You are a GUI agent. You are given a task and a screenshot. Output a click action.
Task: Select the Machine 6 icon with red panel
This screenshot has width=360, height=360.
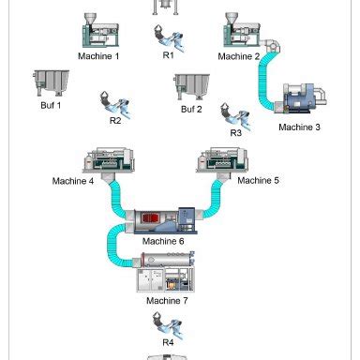click(165, 218)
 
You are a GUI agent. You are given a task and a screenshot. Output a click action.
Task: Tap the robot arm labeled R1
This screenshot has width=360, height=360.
click(169, 37)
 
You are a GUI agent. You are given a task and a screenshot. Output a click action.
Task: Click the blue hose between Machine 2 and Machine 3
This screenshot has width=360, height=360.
click(268, 75)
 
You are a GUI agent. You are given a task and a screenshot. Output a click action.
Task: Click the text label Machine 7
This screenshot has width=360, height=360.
click(167, 301)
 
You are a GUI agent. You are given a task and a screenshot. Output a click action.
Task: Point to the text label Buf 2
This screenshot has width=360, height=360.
click(191, 110)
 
